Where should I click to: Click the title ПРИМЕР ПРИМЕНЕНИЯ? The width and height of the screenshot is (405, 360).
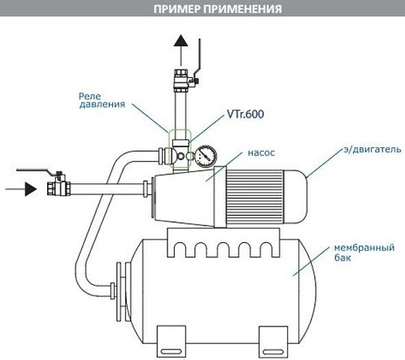coord(202,10)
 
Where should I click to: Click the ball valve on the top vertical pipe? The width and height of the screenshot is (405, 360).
coord(181,80)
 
